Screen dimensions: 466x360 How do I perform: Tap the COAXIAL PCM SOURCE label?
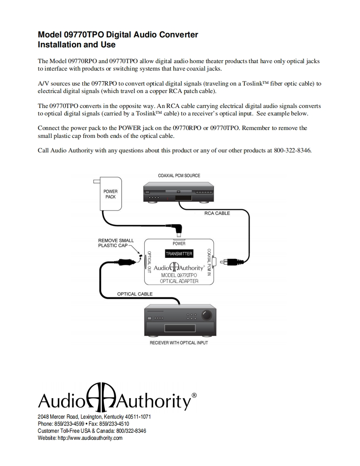pyautogui.click(x=179, y=176)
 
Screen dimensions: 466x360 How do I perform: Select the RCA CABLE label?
pyautogui.click(x=217, y=213)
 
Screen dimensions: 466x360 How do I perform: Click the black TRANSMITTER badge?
pyautogui.click(x=179, y=253)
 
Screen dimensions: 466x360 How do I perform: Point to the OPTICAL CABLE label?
pyautogui.click(x=135, y=294)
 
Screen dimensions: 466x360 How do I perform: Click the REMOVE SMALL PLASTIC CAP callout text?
pyautogui.click(x=116, y=243)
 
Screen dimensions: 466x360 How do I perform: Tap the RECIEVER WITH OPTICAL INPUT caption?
pyautogui.click(x=179, y=343)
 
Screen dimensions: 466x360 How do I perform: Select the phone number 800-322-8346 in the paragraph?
pyautogui.click(x=292, y=150)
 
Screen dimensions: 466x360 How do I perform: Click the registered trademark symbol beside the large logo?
pyautogui.click(x=194, y=395)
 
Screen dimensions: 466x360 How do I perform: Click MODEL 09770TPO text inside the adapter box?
pyautogui.click(x=179, y=275)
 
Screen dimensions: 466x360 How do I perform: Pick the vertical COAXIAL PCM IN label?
pyautogui.click(x=209, y=262)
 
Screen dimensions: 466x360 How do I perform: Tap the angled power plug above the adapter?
pyautogui.click(x=180, y=228)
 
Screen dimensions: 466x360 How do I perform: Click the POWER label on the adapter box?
pyautogui.click(x=179, y=243)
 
